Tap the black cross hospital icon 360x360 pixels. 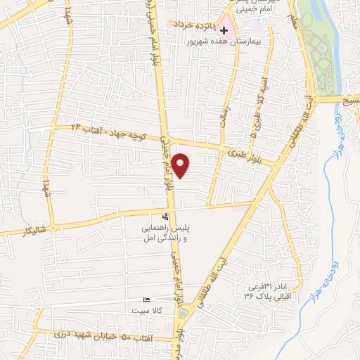pyautogui.click(x=224, y=30)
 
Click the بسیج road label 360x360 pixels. pyautogui.click(x=349, y=100)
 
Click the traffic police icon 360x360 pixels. pyautogui.click(x=165, y=216)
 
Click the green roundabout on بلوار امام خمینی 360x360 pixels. pyautogui.click(x=184, y=312)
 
